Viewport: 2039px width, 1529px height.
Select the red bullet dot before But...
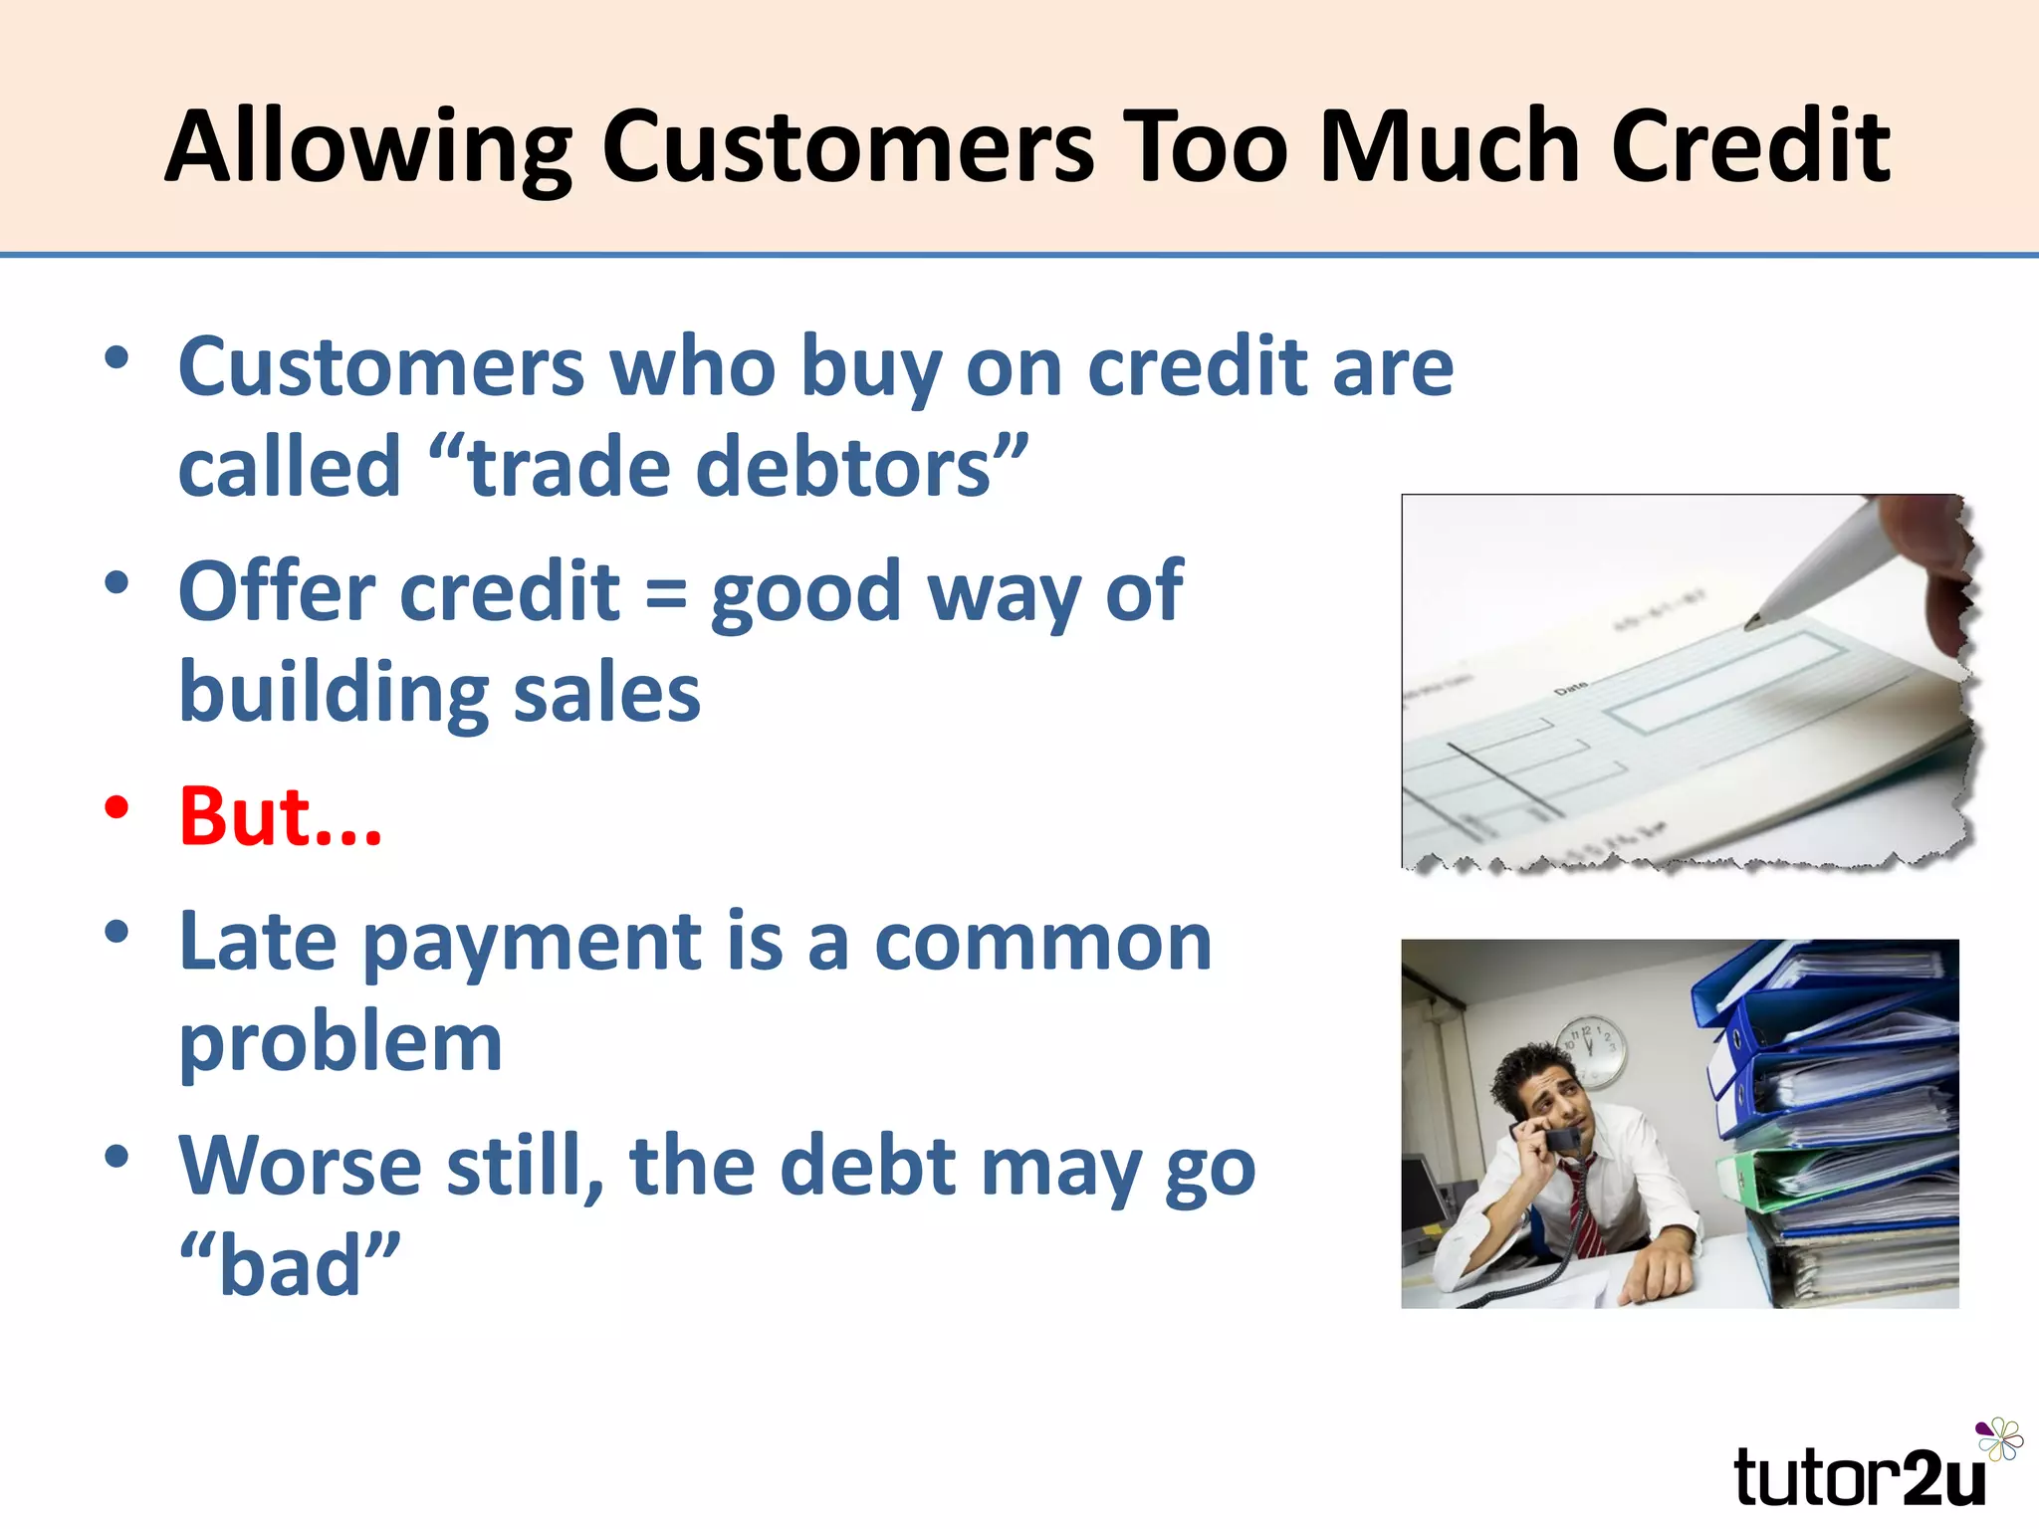[117, 808]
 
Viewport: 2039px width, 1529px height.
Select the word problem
[340, 1044]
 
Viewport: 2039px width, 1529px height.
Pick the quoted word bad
[290, 1266]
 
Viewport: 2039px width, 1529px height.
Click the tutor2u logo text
[1858, 1478]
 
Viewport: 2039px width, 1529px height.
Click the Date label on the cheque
[1572, 688]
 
